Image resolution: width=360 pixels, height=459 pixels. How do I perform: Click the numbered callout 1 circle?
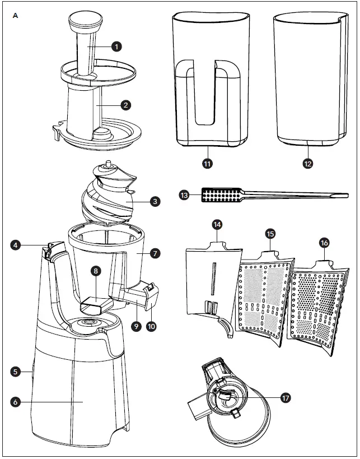point(116,47)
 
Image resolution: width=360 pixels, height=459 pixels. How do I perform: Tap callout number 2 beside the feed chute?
point(127,105)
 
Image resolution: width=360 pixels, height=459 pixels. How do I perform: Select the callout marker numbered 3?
point(156,201)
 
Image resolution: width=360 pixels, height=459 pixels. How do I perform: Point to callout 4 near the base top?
point(16,244)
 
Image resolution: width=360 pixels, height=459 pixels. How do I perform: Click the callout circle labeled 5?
point(16,371)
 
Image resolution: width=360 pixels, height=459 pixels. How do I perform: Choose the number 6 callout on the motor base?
point(16,401)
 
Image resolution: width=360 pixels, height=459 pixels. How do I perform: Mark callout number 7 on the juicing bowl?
point(156,253)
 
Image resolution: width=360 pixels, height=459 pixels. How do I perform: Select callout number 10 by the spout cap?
point(151,325)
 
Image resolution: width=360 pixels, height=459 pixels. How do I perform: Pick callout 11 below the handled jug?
point(208,164)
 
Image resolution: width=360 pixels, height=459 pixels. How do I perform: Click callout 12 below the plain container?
point(307,164)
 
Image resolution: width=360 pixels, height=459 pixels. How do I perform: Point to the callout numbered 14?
point(218,225)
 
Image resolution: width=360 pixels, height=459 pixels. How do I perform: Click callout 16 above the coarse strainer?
point(324,242)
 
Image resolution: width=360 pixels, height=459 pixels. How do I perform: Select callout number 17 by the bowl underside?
point(286,398)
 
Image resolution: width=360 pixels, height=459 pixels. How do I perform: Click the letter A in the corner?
point(15,15)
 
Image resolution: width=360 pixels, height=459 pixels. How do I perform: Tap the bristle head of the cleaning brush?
point(221,195)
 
